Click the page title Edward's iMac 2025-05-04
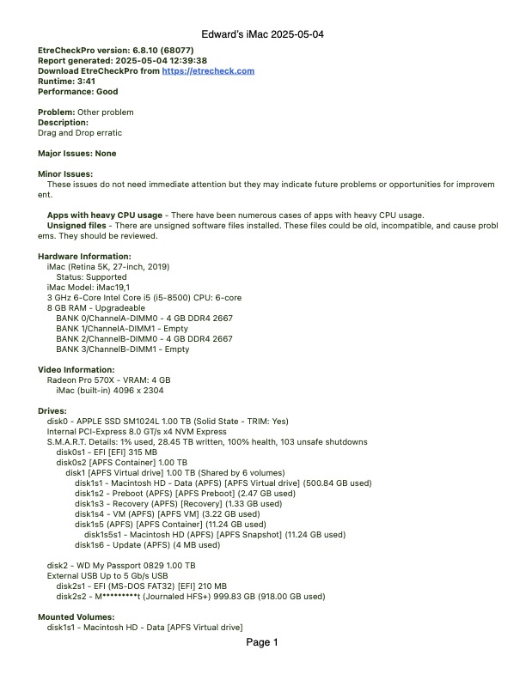262,34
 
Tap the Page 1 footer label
262,642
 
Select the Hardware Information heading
84,256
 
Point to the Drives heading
52,410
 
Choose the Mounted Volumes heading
76,616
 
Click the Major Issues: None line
77,154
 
